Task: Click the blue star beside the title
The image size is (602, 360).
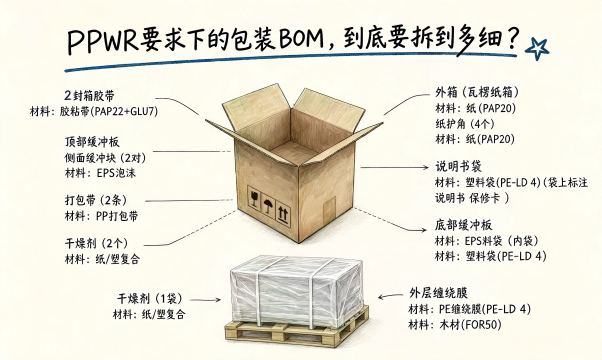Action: (x=537, y=49)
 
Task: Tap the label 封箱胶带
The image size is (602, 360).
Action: (x=93, y=96)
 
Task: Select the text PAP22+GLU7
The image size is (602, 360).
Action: (x=126, y=111)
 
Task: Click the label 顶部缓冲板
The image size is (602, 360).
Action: (x=92, y=142)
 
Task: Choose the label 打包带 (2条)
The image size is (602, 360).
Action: (x=96, y=200)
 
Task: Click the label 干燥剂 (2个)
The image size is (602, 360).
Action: (x=96, y=243)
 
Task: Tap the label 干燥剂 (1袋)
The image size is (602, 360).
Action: (x=149, y=298)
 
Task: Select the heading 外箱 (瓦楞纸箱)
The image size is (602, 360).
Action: (x=477, y=92)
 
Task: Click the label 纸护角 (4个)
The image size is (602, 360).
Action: (x=465, y=124)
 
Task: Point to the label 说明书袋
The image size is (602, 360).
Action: (x=458, y=167)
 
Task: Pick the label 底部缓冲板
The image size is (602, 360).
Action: (x=463, y=225)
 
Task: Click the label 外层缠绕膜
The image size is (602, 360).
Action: (x=438, y=293)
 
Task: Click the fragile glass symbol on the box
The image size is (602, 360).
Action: (x=254, y=198)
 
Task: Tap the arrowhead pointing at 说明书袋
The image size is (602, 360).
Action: (x=425, y=167)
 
